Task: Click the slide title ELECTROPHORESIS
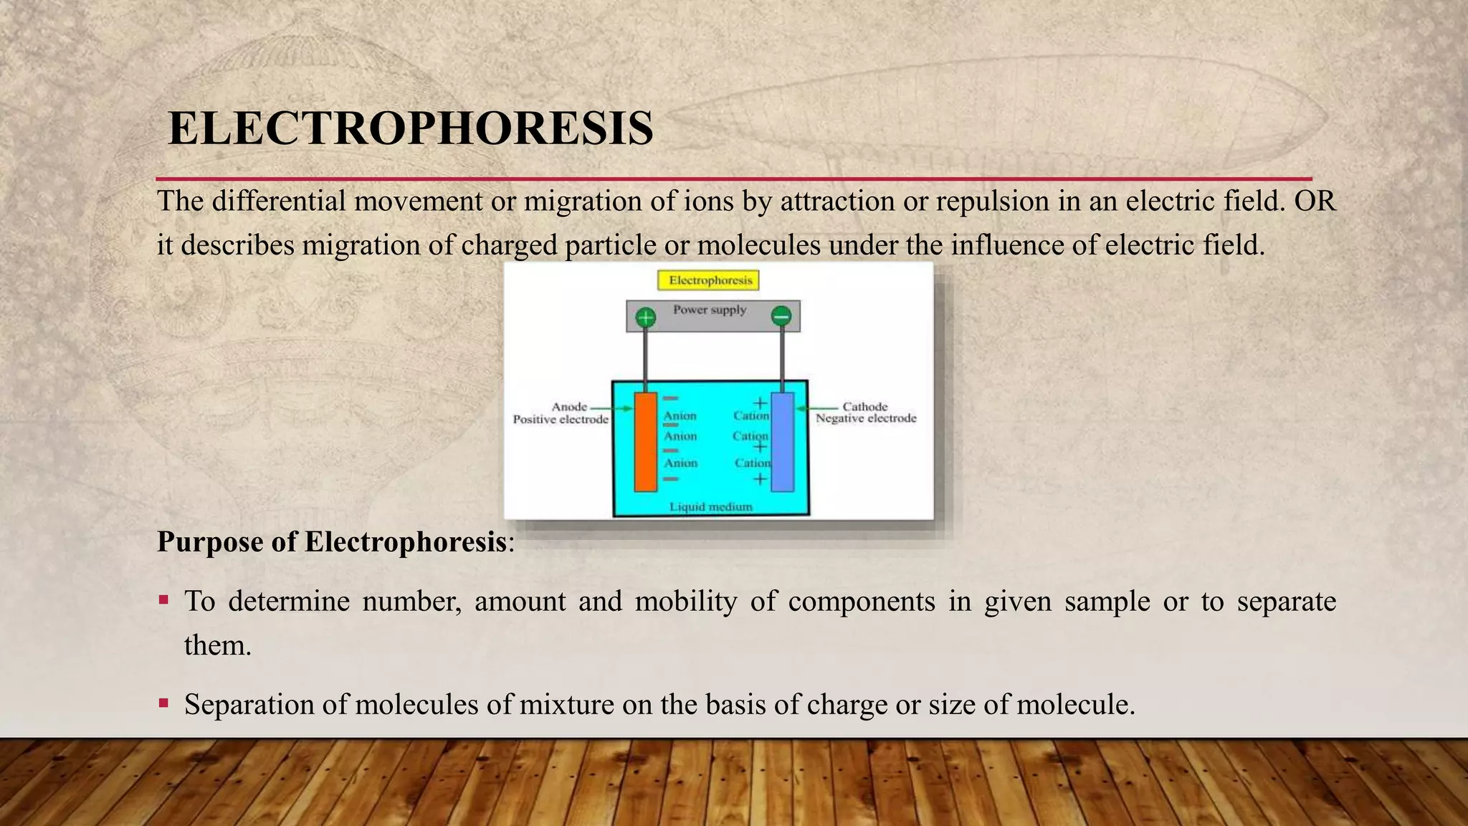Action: (410, 129)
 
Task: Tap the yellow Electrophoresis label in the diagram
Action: (709, 280)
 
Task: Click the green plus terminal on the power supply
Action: (646, 317)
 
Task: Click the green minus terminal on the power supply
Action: (781, 316)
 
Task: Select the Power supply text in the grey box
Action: (710, 310)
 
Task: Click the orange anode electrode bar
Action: (645, 442)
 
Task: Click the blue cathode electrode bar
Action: (782, 442)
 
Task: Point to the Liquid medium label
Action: (710, 507)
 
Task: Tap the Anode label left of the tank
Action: (569, 407)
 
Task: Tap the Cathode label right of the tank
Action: (864, 407)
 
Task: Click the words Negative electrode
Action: (866, 418)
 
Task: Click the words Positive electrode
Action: (561, 419)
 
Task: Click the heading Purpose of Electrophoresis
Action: (333, 542)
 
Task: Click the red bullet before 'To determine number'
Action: (163, 599)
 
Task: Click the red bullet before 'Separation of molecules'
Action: (163, 703)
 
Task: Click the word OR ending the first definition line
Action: (1315, 201)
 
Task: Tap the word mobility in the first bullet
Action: (686, 601)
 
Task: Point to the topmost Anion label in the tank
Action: (680, 416)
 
